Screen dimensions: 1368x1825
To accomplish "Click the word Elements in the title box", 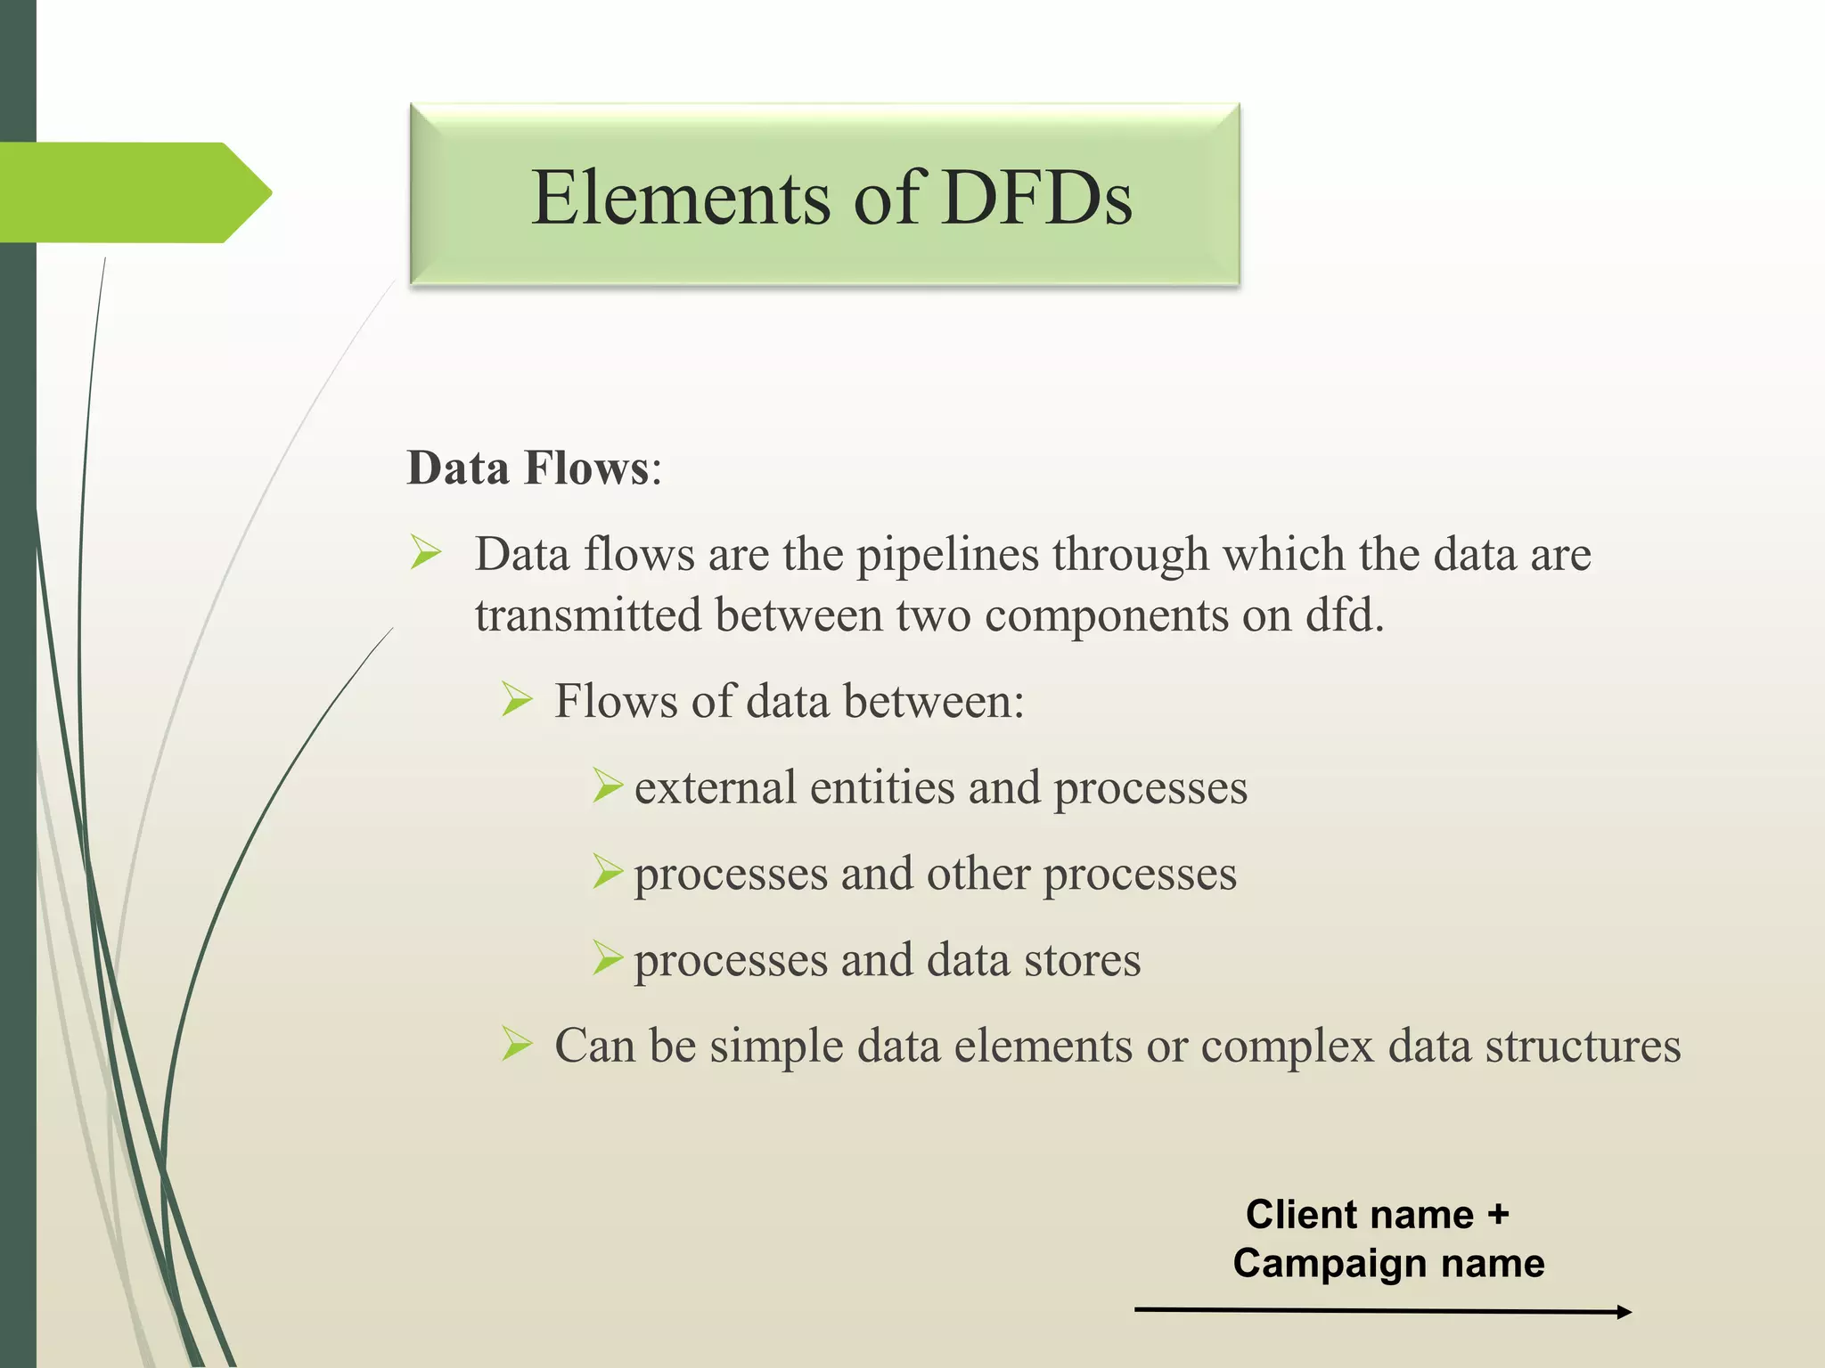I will click(681, 198).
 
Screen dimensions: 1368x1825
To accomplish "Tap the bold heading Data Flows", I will click(528, 468).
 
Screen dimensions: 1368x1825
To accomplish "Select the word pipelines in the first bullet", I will click(947, 556).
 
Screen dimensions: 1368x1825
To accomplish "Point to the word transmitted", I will click(588, 616).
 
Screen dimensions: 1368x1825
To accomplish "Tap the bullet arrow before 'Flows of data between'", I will click(516, 699).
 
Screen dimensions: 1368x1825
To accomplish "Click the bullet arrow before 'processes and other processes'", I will click(607, 872).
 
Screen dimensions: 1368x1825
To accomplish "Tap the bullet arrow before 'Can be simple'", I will click(516, 1044).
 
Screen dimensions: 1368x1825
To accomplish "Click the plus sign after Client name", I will click(1498, 1214).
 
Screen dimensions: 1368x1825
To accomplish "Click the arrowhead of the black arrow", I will click(1624, 1311).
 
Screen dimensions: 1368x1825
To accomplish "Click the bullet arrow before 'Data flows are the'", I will click(426, 552).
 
